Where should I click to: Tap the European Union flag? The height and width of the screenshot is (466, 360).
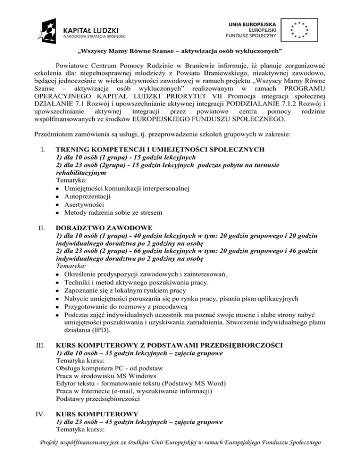coord(301,29)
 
